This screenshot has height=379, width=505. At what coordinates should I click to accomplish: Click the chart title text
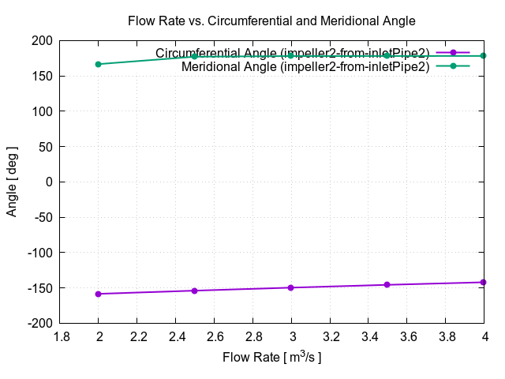pos(271,21)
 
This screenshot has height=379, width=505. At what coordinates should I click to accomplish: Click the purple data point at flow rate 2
pos(99,294)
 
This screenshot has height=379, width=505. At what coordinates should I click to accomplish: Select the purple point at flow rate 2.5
pos(195,291)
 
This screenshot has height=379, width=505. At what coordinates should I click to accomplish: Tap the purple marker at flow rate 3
pos(291,287)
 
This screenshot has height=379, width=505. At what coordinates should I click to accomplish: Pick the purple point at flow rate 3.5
pos(387,284)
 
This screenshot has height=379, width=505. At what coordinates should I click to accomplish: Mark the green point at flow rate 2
pos(99,64)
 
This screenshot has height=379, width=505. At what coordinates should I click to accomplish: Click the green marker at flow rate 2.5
pos(195,56)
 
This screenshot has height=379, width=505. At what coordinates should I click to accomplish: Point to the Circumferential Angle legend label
pos(292,53)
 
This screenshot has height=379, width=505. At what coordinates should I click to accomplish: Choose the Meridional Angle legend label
pos(305,66)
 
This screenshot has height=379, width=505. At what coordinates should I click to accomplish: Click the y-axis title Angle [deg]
pos(13,182)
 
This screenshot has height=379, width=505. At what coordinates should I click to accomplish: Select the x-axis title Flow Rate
pos(271,358)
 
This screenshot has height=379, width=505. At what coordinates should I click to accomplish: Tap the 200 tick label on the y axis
pos(43,41)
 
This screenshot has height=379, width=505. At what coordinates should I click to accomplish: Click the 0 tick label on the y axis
pos(50,182)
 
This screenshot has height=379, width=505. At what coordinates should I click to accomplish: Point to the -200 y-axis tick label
pos(40,323)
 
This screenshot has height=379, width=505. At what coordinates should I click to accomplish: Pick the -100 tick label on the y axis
pos(40,253)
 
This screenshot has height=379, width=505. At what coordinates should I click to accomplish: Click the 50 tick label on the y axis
pos(46,147)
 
